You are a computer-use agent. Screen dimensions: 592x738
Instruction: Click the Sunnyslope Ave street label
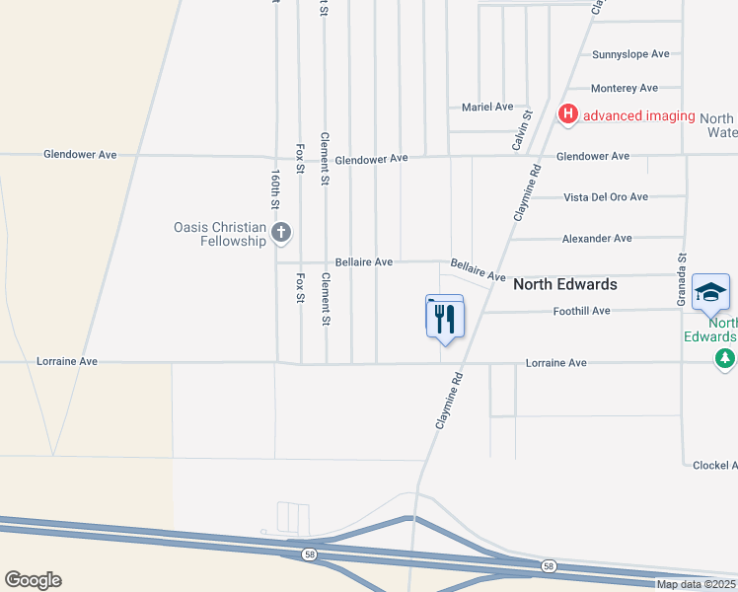pos(630,54)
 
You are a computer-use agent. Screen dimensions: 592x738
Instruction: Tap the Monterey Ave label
pos(624,89)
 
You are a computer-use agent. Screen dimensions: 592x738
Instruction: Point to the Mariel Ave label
pos(487,107)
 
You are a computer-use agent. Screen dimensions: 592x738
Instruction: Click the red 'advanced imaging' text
pos(639,116)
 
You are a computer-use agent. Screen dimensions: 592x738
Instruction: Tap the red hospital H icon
pos(568,115)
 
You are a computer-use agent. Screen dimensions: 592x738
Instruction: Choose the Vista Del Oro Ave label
pos(606,197)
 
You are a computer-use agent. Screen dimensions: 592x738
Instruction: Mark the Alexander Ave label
pos(597,239)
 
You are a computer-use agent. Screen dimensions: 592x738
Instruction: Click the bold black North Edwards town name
pos(565,284)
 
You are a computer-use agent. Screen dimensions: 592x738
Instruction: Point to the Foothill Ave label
pos(580,311)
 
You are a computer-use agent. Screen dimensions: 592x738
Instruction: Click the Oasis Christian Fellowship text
pos(220,234)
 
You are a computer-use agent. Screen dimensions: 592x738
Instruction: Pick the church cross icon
pos(281,234)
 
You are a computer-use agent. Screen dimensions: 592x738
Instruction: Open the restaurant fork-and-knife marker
pos(444,318)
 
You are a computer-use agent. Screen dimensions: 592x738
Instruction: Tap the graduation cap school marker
pos(710,292)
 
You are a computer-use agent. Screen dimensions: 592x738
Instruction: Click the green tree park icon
pos(726,357)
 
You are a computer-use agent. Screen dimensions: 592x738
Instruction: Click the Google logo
pos(33,580)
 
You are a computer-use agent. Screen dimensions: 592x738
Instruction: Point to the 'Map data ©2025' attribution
pos(697,584)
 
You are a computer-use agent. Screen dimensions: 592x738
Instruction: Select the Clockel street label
pos(714,465)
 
